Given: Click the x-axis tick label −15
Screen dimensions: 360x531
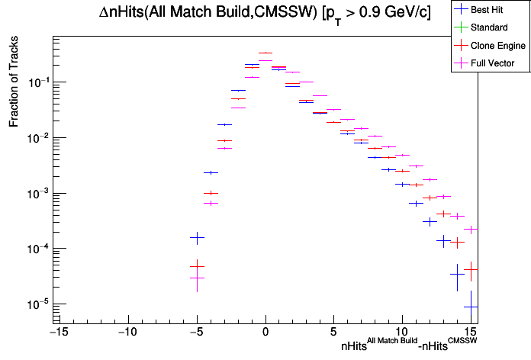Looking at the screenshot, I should click(x=56, y=332).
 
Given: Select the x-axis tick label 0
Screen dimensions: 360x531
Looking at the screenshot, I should click(x=265, y=332).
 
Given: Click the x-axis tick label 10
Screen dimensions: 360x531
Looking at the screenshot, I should click(x=403, y=332).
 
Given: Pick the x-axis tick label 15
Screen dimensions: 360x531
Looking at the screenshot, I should click(x=471, y=332).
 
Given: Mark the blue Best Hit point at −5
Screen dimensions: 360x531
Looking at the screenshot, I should click(x=197, y=239).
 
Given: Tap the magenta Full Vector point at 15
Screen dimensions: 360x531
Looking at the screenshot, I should click(x=471, y=229).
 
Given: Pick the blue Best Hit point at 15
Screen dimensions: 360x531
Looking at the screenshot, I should click(x=471, y=307).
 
